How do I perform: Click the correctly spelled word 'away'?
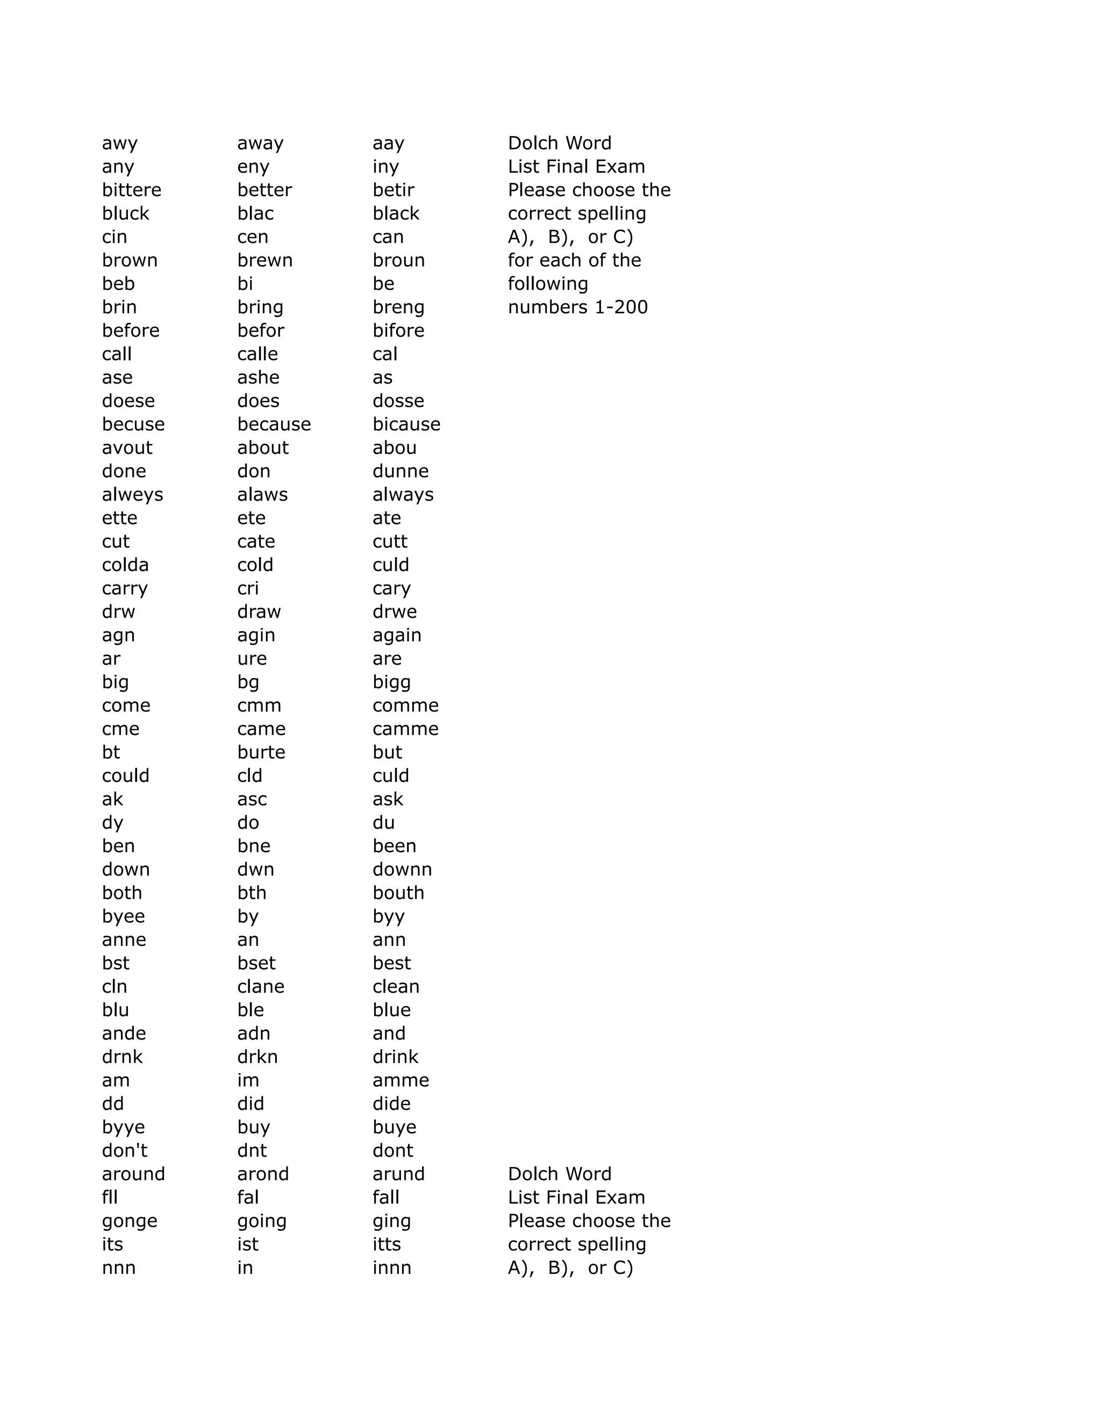260,144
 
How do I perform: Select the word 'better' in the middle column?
264,190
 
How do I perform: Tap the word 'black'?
396,213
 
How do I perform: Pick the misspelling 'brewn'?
265,260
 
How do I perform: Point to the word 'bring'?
260,307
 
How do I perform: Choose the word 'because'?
274,424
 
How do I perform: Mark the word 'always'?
403,495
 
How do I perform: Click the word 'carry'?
125,588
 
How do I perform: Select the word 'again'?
397,636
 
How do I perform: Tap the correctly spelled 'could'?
126,776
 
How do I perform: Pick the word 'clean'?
396,987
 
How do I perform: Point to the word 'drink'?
395,1057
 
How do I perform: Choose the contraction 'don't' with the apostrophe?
125,1150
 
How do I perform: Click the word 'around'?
133,1174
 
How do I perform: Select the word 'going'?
262,1221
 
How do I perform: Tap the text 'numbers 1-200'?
578,307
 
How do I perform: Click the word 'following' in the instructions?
548,284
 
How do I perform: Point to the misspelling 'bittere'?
131,190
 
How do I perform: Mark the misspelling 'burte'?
261,752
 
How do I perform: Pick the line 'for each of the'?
574,260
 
